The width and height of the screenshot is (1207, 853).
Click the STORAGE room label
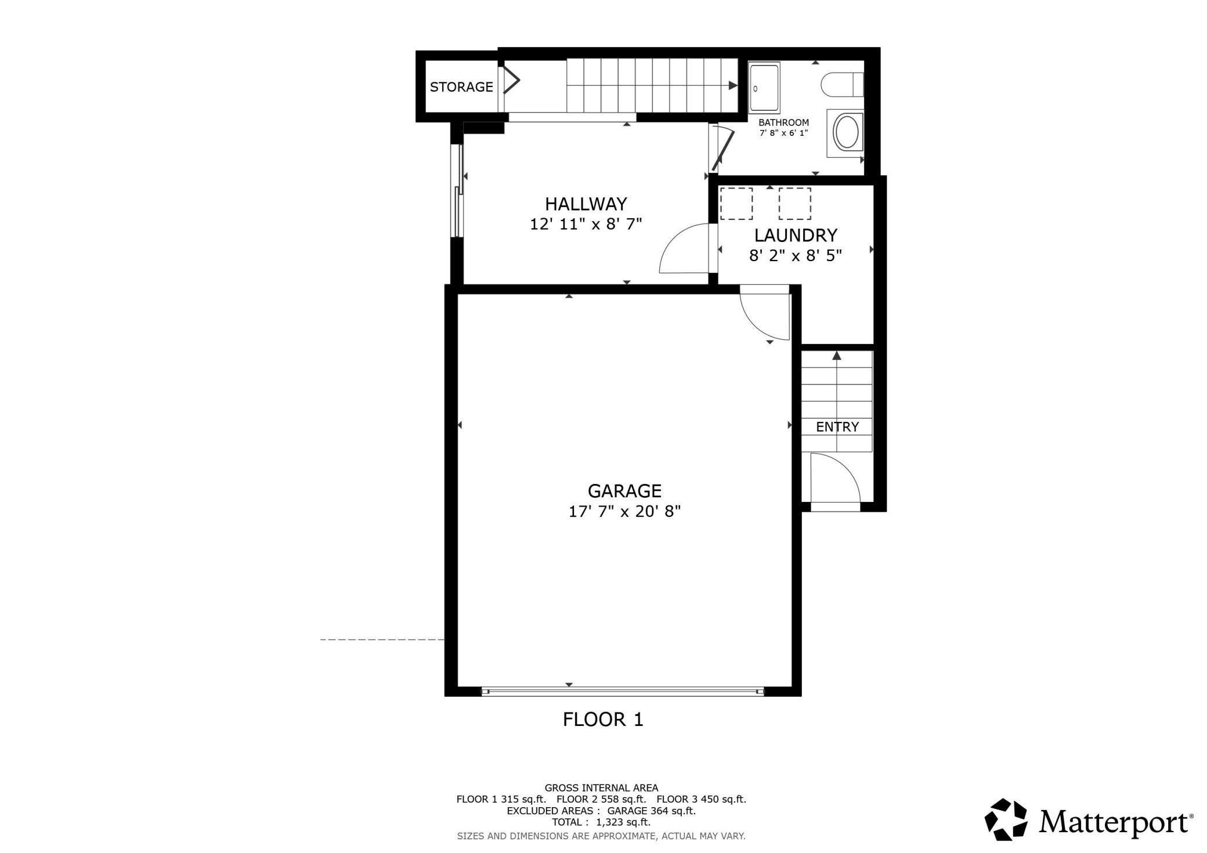coord(461,87)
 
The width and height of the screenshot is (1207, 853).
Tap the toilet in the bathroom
coord(841,85)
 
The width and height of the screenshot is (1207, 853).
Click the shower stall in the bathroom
coord(764,88)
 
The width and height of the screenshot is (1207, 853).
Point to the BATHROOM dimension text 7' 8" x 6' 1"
coord(783,133)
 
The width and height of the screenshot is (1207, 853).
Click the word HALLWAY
coord(586,204)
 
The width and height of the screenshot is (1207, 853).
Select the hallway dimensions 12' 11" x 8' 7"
coord(586,224)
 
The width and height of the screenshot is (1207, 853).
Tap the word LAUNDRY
coord(796,236)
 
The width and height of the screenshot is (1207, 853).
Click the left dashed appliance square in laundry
coord(736,204)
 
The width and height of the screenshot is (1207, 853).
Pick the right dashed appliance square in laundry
coord(794,204)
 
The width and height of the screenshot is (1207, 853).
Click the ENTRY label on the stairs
coord(837,427)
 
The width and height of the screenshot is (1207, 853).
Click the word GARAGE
coord(624,491)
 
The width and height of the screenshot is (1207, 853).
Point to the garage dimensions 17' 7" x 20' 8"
coord(624,511)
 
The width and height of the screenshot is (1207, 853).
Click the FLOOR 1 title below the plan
coord(603,720)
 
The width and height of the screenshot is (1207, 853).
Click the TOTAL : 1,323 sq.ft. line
coord(601,822)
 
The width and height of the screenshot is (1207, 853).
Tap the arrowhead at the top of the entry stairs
coord(836,356)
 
